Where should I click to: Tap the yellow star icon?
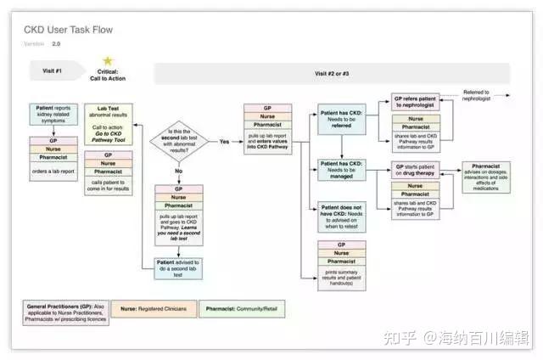tap(108, 61)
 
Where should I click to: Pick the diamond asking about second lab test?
tap(179, 141)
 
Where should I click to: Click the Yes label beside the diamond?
tap(224, 141)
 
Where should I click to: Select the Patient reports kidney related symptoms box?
tap(54, 116)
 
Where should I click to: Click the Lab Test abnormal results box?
tap(108, 124)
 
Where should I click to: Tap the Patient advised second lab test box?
tap(179, 268)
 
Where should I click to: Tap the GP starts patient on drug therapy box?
tap(416, 170)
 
